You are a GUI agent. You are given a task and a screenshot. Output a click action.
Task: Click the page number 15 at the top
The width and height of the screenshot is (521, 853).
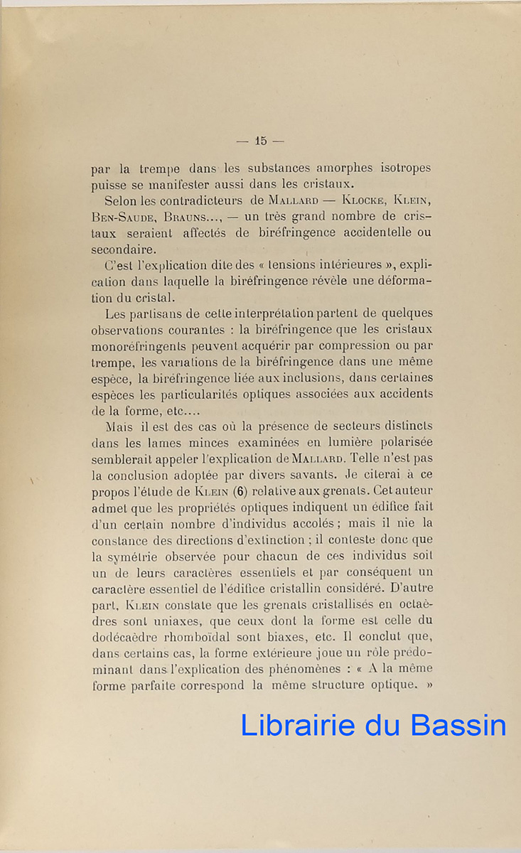click(260, 141)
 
